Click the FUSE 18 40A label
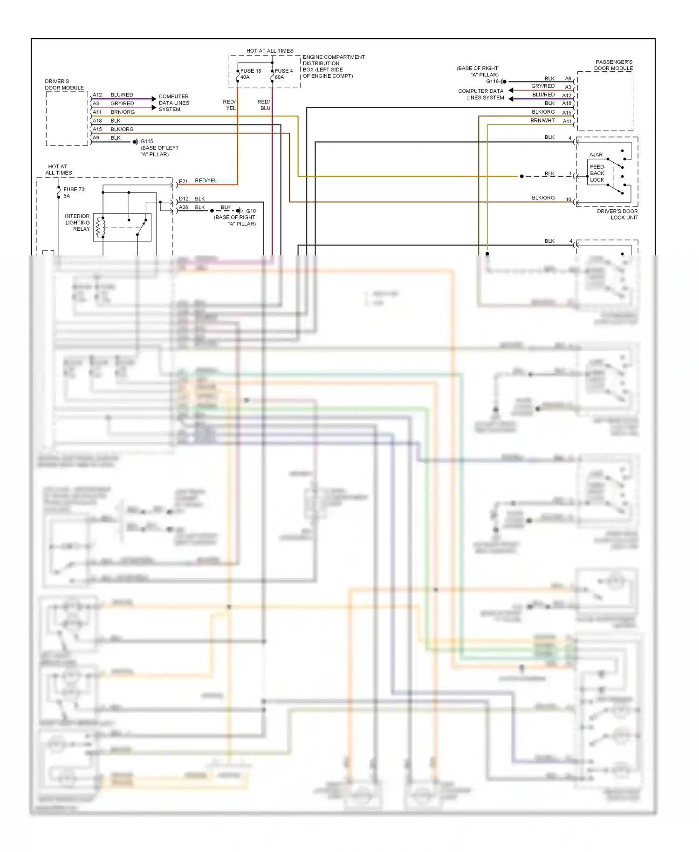click(250, 74)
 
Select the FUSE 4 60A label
click(283, 74)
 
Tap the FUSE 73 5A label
click(73, 192)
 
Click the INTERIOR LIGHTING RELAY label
click(77, 222)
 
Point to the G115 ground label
click(147, 141)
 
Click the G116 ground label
click(492, 81)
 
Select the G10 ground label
click(251, 211)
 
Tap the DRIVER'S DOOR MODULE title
click(64, 84)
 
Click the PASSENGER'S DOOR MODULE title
click(614, 65)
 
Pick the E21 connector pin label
click(183, 181)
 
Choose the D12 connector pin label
click(184, 199)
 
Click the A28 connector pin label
click(184, 207)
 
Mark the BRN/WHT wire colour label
click(542, 120)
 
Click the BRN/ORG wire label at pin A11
click(123, 112)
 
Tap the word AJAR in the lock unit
click(596, 155)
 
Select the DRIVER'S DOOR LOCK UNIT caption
click(617, 214)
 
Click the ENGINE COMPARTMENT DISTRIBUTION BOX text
click(333, 66)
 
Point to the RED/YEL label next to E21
click(206, 180)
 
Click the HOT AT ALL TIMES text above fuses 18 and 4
click(270, 51)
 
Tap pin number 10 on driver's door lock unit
click(568, 199)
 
